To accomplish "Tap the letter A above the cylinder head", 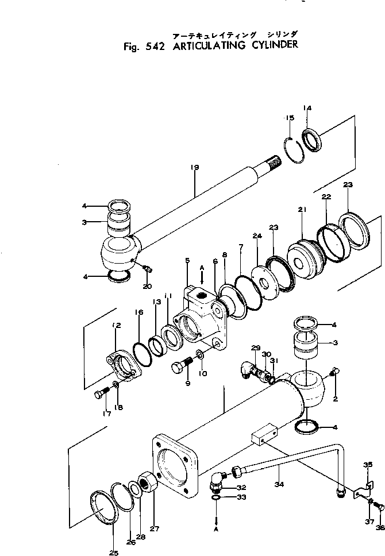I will pos(201,267).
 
